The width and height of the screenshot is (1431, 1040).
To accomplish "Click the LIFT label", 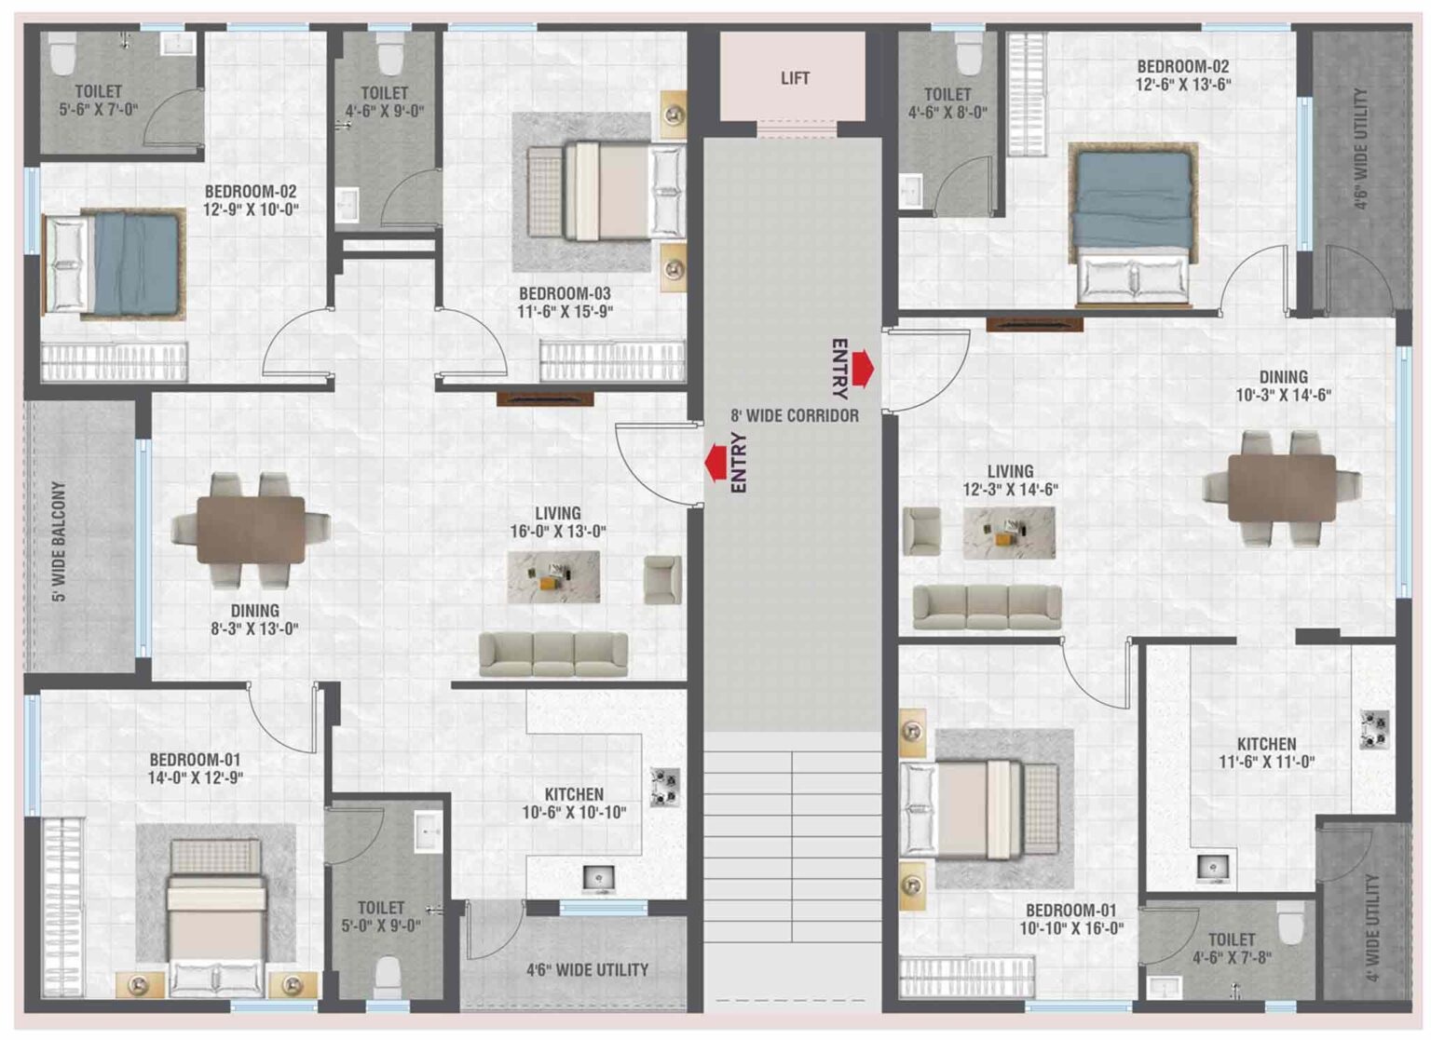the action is [795, 78].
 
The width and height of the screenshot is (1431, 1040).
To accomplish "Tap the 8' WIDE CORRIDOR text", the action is [795, 415].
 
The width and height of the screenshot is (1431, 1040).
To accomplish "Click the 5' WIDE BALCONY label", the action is [61, 541].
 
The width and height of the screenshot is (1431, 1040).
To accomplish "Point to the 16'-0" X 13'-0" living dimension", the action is [558, 531].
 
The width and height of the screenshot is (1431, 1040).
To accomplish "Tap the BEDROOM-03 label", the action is [565, 293].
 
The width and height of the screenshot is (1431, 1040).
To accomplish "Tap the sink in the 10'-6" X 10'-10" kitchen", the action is [599, 879].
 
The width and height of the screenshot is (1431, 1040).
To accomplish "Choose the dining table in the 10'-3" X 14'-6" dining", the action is [1282, 488].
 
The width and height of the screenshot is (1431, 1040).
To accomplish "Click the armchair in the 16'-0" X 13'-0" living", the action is [662, 580].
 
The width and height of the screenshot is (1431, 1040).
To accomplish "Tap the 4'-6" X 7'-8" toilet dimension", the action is [1232, 958].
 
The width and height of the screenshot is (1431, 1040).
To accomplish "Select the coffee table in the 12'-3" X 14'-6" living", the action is [1009, 533].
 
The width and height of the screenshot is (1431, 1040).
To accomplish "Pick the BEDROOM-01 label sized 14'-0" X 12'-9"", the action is [195, 760].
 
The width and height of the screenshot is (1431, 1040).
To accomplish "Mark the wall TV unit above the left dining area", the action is [546, 399].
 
